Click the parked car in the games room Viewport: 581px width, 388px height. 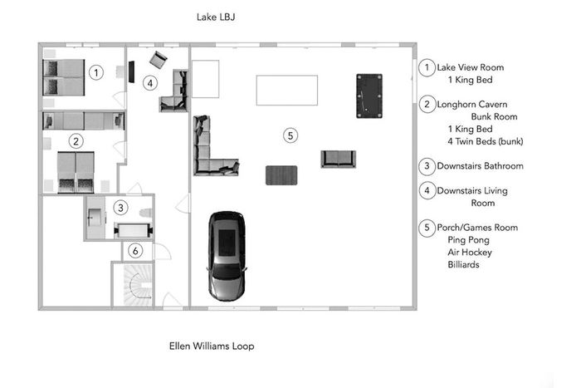tap(227, 256)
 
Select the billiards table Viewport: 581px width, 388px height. tap(369, 96)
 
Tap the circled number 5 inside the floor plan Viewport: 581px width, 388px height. tap(290, 135)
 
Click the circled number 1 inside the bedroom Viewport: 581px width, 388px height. tap(96, 72)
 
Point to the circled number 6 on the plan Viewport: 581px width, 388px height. tap(135, 251)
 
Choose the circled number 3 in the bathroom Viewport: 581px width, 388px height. tap(120, 208)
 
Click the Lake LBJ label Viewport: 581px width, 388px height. tap(216, 17)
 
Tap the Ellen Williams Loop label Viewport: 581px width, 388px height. tap(212, 346)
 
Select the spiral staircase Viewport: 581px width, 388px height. tap(138, 284)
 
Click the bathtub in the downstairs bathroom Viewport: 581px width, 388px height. tap(134, 231)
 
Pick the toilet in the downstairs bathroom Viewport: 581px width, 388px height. tap(146, 213)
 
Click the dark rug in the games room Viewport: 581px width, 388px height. tap(281, 175)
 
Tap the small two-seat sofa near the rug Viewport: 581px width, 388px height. tap(339, 160)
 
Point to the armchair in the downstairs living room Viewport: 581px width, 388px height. tap(159, 60)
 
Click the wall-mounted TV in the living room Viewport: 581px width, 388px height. tap(131, 72)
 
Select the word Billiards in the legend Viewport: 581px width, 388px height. tap(463, 264)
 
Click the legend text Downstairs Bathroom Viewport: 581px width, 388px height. tap(481, 166)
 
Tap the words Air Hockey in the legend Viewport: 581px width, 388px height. tap(470, 253)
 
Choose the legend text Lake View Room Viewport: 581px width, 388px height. tap(471, 67)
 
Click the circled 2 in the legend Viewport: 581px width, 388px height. tap(427, 104)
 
